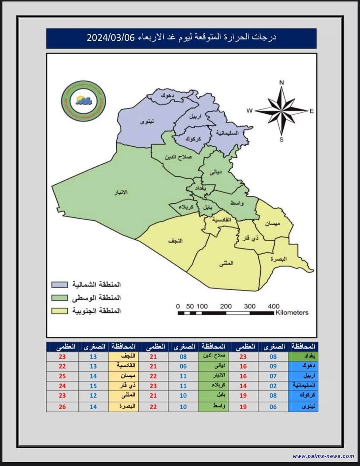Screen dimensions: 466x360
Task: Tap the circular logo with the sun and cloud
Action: point(84,101)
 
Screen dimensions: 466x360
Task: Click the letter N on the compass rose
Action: point(282,82)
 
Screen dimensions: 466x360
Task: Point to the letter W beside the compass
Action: point(250,111)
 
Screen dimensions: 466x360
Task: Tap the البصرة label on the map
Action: point(279,258)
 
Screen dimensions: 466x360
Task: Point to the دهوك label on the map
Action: point(166,96)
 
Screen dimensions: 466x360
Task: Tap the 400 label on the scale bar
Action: point(273,306)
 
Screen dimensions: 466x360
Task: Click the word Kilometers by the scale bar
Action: point(292,313)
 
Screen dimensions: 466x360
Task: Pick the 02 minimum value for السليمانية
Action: point(273,386)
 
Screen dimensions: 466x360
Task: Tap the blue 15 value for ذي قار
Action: point(94,386)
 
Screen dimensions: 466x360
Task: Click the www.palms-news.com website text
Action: point(323,456)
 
